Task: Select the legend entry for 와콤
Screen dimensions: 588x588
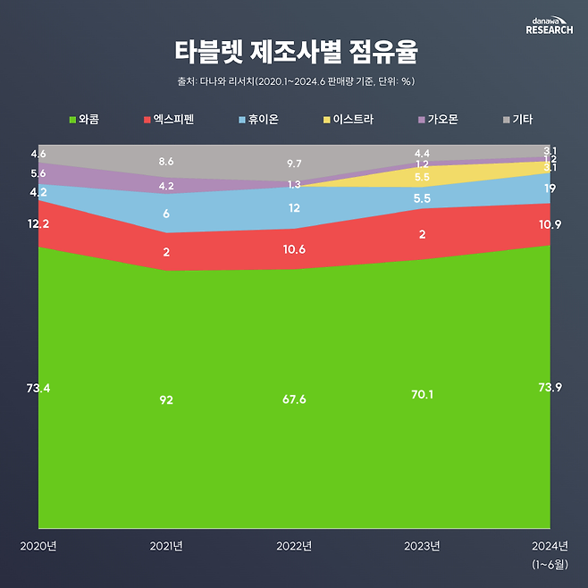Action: (84, 119)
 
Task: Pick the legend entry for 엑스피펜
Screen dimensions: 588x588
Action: (167, 119)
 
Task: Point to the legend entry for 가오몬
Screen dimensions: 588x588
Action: (438, 119)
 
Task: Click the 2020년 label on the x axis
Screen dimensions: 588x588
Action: (38, 546)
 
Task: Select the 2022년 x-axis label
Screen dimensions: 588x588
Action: (294, 546)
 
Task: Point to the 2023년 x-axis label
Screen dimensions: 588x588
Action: (422, 546)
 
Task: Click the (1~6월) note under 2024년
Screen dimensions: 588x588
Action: (550, 564)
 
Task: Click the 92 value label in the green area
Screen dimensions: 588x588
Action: (165, 399)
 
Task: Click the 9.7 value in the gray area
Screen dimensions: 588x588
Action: (293, 164)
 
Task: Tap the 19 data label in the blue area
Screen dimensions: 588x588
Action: (550, 189)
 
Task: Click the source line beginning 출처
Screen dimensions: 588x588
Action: (294, 82)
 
